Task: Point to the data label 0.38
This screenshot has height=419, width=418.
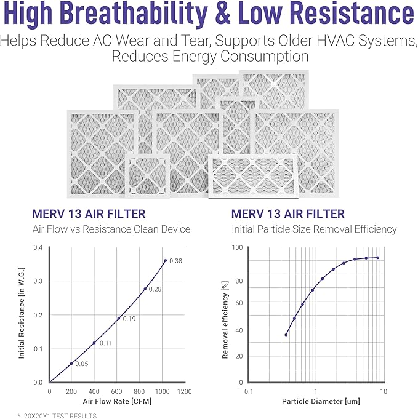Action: click(x=176, y=261)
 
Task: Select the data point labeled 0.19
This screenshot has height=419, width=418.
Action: click(x=119, y=318)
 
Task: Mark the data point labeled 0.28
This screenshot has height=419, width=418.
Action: click(x=145, y=289)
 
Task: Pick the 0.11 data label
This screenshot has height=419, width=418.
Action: click(x=106, y=343)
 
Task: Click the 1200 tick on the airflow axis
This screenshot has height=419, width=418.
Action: click(x=183, y=391)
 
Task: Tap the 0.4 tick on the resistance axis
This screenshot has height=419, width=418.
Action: click(x=38, y=248)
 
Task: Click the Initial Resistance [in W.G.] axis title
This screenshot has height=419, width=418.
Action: click(x=22, y=315)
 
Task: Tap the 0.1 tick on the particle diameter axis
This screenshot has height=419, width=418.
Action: click(x=249, y=391)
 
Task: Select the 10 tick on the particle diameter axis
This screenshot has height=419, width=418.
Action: click(x=383, y=391)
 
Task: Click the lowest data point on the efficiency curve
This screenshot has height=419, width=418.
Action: click(x=286, y=335)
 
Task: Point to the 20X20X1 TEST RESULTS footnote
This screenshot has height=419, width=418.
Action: click(x=57, y=416)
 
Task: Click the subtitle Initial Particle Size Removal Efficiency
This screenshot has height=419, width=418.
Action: click(x=314, y=229)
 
